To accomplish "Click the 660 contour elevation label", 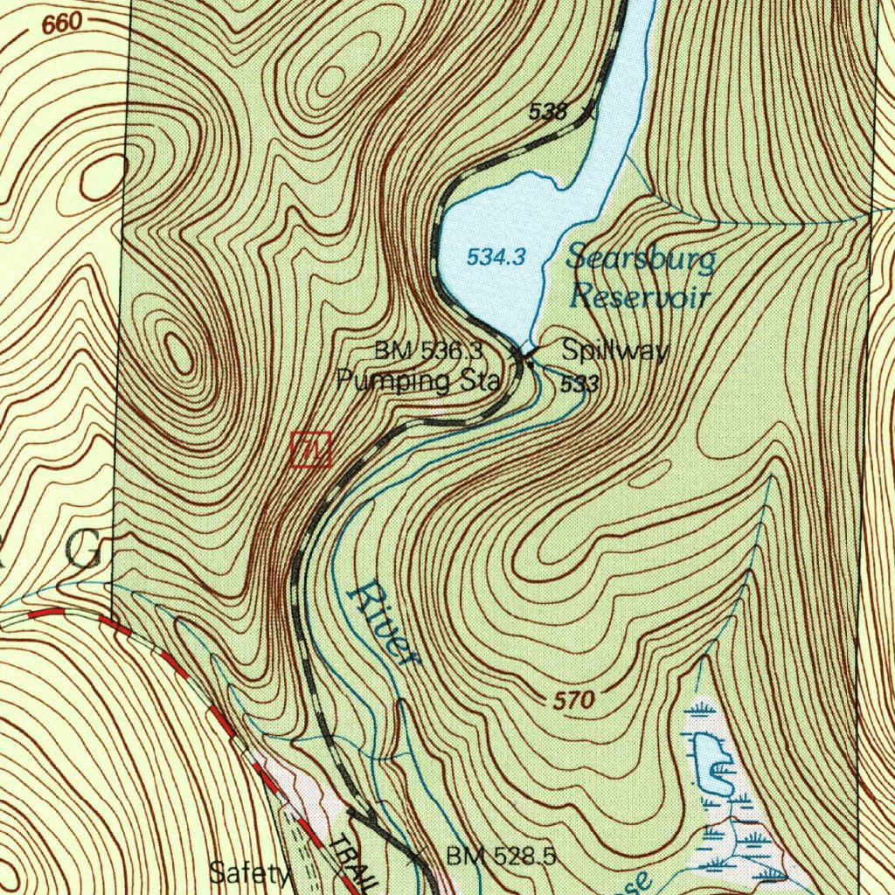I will (x=60, y=24).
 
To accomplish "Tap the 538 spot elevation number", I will (x=549, y=111).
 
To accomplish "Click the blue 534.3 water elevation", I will (x=496, y=257).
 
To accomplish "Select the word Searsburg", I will (x=641, y=259).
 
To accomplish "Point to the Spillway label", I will (x=615, y=351).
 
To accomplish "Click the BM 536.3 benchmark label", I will (x=428, y=351).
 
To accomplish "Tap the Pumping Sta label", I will (x=419, y=381).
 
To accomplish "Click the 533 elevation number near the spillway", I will (x=579, y=385).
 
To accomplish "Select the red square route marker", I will (x=311, y=449).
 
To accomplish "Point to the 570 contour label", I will (x=574, y=700).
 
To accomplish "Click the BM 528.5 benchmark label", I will (x=501, y=856).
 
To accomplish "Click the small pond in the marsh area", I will (x=710, y=763).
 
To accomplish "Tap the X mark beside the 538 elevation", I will (x=588, y=110).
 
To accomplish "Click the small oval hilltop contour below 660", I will (x=103, y=177).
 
